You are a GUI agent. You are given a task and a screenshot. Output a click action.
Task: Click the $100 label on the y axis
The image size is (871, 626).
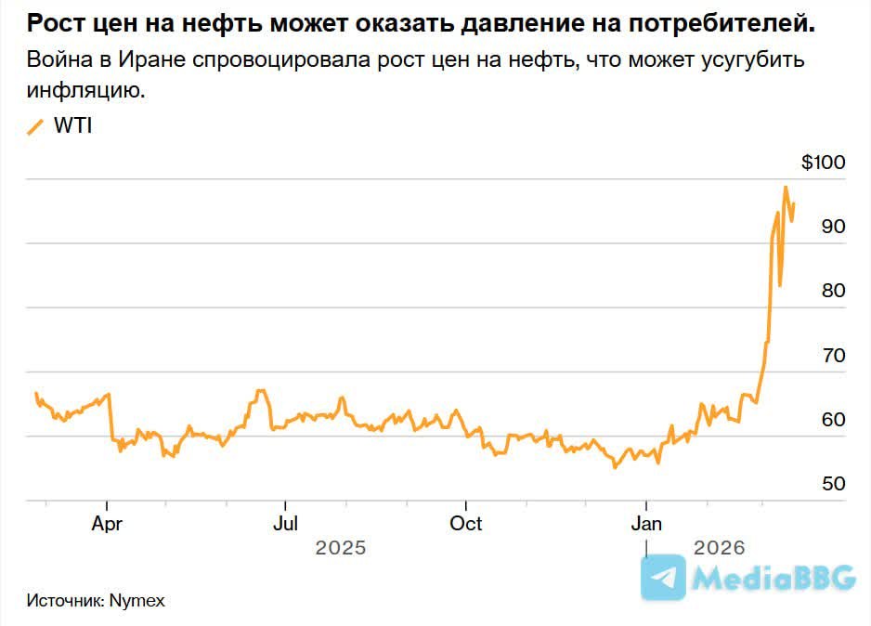click(824, 163)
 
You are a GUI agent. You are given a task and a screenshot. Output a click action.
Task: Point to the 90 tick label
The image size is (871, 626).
click(832, 227)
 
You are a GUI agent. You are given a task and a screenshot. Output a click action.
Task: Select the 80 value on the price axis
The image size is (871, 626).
click(832, 291)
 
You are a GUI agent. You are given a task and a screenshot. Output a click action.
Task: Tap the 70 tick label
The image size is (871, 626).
click(832, 356)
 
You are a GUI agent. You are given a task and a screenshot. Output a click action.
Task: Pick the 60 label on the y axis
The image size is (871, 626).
click(832, 420)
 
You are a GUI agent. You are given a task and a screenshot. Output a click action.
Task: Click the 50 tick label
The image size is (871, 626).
click(832, 484)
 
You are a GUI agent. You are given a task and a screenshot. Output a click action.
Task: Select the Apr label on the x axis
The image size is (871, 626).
click(107, 524)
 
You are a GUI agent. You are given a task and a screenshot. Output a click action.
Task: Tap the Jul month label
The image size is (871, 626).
click(285, 524)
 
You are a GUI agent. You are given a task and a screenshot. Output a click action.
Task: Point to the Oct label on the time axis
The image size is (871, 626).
click(465, 524)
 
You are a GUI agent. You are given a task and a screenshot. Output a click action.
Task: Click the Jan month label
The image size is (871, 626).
click(646, 524)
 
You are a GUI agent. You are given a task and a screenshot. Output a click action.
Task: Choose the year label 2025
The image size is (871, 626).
click(341, 548)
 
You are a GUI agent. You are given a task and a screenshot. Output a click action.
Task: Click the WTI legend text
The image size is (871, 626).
click(72, 127)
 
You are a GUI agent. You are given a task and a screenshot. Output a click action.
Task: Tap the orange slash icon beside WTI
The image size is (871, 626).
click(36, 127)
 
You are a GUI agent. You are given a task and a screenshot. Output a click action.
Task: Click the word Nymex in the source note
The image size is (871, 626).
click(136, 600)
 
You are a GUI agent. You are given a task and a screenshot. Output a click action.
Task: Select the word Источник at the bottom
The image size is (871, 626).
click(65, 600)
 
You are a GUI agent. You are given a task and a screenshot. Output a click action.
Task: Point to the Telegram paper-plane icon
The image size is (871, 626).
click(664, 578)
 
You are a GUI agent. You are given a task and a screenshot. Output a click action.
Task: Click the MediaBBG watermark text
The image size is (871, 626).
click(774, 579)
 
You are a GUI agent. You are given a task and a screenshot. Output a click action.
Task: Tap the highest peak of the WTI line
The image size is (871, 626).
click(786, 187)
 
